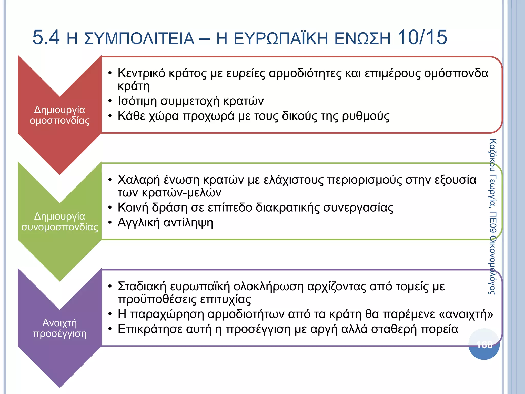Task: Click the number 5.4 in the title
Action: click(46, 38)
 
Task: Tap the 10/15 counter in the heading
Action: click(422, 38)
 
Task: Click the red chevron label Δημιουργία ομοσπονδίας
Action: click(59, 115)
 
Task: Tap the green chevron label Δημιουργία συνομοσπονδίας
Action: click(59, 222)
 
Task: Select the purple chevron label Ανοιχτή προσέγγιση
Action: click(59, 328)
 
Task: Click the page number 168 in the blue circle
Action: click(484, 344)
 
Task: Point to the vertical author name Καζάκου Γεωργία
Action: click(493, 174)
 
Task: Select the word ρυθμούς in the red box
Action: click(366, 116)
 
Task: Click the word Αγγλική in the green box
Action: click(139, 223)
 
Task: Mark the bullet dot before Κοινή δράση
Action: click(110, 208)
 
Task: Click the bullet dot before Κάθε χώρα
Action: click(110, 116)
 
